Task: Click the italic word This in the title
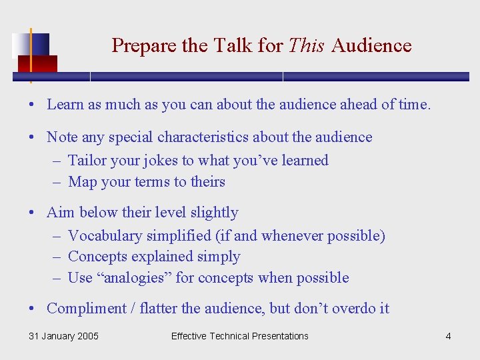pos(306,45)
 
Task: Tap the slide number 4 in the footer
pos(448,336)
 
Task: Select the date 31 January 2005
pos(63,336)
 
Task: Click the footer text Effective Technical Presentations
pos(239,336)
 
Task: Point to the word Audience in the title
pos(371,45)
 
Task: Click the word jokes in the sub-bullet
pos(159,161)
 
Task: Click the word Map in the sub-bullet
pos(83,182)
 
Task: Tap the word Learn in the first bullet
pos(65,104)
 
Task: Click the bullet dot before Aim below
pos(32,213)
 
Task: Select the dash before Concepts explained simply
pos(54,257)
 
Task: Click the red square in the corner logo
pos(37,64)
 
